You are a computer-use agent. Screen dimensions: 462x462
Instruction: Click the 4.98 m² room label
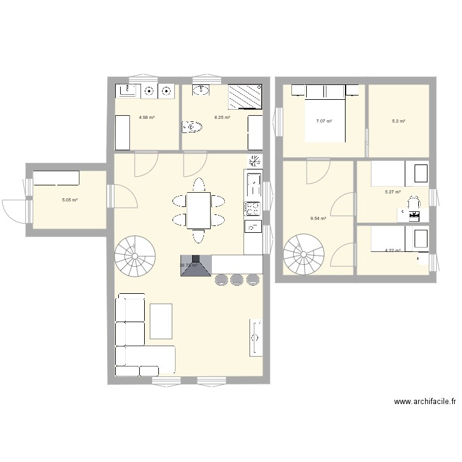(x=147, y=117)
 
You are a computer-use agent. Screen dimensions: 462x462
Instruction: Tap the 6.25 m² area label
(x=222, y=117)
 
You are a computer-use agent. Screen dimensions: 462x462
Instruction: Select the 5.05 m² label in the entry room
(x=69, y=200)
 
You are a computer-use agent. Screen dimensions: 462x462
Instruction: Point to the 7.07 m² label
(x=324, y=121)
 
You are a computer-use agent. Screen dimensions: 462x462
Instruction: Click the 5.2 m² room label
(x=399, y=121)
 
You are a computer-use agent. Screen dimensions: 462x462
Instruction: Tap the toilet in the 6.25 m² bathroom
(x=193, y=128)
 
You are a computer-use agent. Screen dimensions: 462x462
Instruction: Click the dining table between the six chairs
(x=198, y=209)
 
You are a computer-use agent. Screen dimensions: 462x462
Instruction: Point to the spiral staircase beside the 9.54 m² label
(x=304, y=254)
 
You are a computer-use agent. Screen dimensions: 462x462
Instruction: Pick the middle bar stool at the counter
(x=237, y=280)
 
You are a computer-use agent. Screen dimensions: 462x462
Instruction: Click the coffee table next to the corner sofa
(x=161, y=321)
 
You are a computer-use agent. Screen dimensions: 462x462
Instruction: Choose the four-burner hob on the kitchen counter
(x=253, y=208)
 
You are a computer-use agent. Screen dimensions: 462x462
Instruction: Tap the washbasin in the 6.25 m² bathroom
(x=201, y=91)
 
